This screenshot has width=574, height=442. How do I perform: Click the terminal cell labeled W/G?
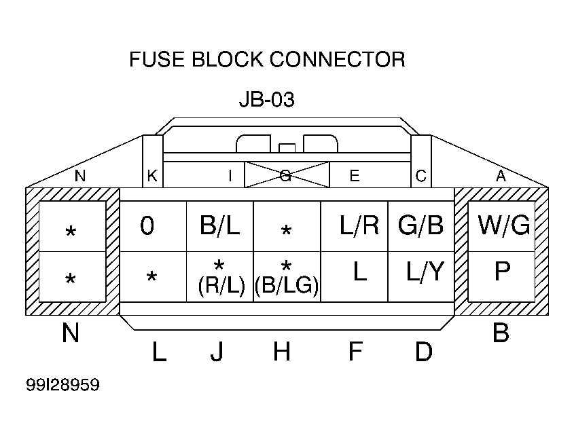[x=501, y=226]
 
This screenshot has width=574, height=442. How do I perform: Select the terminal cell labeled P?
[x=501, y=276]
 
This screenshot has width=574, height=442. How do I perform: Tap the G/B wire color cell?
[x=421, y=226]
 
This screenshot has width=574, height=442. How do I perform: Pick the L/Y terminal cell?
[x=421, y=276]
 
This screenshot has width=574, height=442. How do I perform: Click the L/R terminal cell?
[x=355, y=226]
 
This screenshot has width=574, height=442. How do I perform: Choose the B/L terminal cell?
[x=220, y=226]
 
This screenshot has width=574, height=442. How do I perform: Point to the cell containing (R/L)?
[x=220, y=276]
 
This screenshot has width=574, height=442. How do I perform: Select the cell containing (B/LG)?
[x=287, y=276]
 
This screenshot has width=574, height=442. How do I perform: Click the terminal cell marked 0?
[x=153, y=226]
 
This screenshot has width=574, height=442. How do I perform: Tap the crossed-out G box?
[x=287, y=175]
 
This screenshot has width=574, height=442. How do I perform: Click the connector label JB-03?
[x=266, y=99]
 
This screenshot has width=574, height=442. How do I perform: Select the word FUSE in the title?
[x=157, y=59]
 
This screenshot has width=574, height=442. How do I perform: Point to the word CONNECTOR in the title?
[x=337, y=59]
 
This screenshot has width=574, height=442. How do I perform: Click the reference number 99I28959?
[x=62, y=385]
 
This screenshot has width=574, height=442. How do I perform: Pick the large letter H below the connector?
[x=282, y=351]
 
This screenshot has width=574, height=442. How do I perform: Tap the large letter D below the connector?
[x=424, y=351]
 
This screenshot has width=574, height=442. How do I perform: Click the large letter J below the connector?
[x=217, y=352]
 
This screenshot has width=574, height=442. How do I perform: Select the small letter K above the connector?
[x=152, y=176]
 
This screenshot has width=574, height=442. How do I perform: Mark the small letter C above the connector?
[x=420, y=176]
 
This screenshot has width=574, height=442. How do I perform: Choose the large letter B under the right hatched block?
[x=501, y=333]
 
